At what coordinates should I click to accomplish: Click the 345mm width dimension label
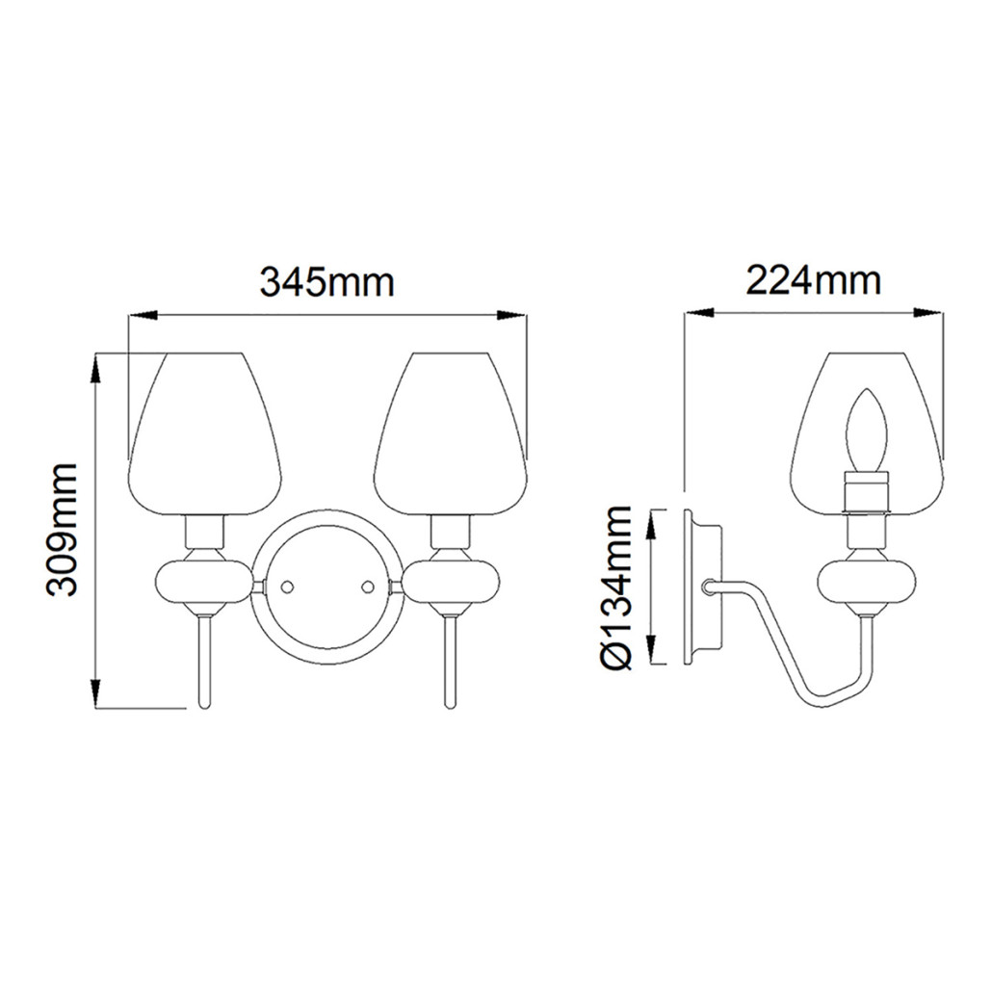tap(327, 282)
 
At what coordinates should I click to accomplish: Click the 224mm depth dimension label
tap(814, 280)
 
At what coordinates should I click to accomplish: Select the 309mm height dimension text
tap(64, 530)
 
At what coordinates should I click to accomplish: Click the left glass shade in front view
tap(204, 433)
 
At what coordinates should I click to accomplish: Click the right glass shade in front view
tap(451, 433)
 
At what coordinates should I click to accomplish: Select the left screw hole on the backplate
tap(286, 586)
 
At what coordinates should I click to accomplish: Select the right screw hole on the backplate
tap(366, 586)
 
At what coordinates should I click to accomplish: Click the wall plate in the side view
tap(700, 587)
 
